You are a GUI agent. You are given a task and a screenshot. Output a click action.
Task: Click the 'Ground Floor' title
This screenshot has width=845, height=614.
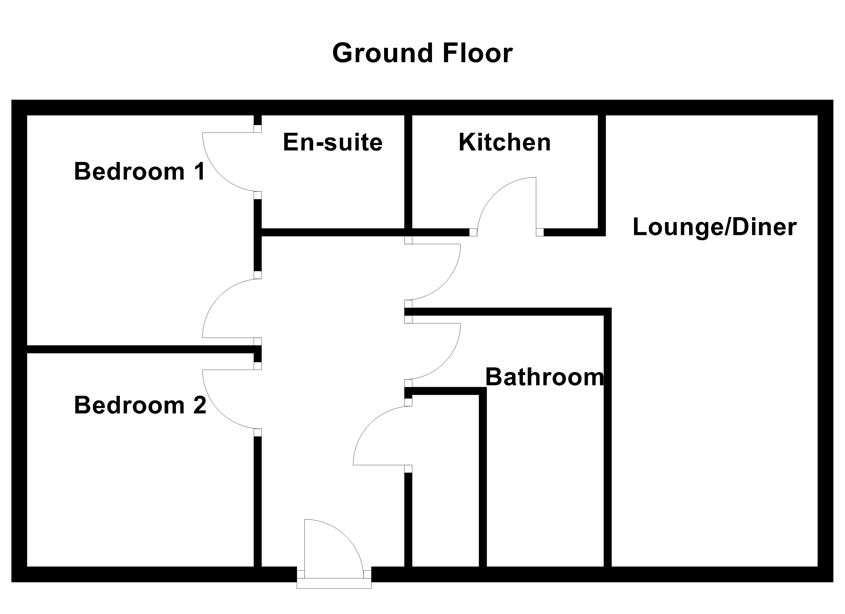[422, 53]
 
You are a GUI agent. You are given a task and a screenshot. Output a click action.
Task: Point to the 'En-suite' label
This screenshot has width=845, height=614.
[333, 142]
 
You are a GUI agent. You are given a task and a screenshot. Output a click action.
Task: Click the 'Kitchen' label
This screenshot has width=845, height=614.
[504, 142]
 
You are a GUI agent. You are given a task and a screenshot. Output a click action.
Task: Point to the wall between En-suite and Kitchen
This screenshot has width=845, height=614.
[408, 171]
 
